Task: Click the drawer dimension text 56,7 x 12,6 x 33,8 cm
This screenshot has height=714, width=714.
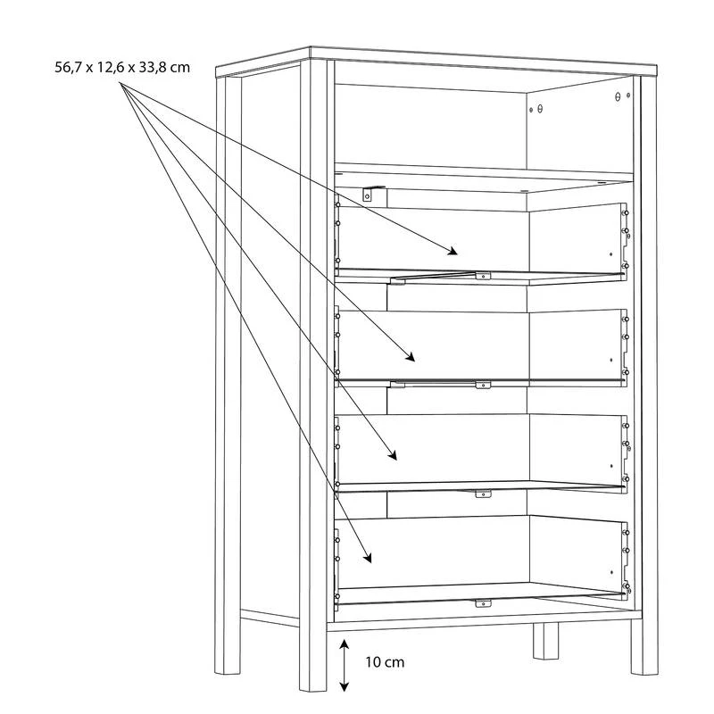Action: click(122, 68)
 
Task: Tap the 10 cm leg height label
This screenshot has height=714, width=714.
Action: click(385, 661)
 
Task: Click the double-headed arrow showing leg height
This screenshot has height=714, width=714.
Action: click(345, 665)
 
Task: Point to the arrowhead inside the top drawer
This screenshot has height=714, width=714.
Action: click(452, 251)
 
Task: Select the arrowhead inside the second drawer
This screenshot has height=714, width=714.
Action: click(411, 356)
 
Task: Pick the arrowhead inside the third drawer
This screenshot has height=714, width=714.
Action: click(393, 455)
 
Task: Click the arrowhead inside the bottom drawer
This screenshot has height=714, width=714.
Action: click(368, 557)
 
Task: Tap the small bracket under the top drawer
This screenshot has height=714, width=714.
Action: click(483, 276)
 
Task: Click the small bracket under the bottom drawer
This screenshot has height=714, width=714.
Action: click(483, 603)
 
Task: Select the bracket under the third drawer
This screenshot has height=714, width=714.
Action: click(483, 494)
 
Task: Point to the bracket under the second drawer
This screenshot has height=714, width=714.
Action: click(483, 386)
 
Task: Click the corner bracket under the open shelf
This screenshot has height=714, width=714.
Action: click(369, 194)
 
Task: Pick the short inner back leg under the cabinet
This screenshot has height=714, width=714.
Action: click(545, 641)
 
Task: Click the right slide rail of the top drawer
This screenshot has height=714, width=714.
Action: click(626, 240)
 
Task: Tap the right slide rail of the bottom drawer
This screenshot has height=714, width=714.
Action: click(626, 560)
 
